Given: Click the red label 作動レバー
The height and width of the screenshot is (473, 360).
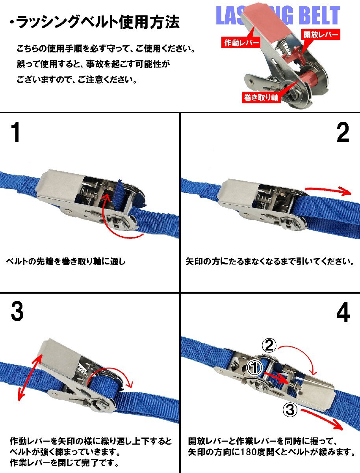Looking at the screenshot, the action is (x=241, y=43).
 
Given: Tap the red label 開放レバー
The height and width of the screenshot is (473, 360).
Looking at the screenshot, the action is (x=321, y=34).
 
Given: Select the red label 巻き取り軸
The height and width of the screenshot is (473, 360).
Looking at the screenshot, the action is (x=261, y=98).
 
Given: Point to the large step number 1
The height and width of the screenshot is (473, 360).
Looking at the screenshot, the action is (x=16, y=132).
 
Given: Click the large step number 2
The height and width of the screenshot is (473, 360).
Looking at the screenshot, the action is (x=342, y=132).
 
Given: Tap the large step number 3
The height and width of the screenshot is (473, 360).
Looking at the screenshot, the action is (x=17, y=311).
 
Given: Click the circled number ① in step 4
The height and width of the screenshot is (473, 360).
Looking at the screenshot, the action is (x=254, y=368).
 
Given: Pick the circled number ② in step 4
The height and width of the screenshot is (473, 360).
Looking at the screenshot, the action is (x=269, y=345).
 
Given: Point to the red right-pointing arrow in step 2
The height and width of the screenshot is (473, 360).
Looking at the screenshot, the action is (x=328, y=190).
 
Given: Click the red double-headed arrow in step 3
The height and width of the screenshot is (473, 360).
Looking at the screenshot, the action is (x=29, y=377).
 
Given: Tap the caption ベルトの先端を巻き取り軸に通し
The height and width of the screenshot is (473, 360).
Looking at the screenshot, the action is (x=66, y=261).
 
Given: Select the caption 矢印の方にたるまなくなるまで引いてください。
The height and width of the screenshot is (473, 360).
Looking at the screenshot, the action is (x=270, y=261).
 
